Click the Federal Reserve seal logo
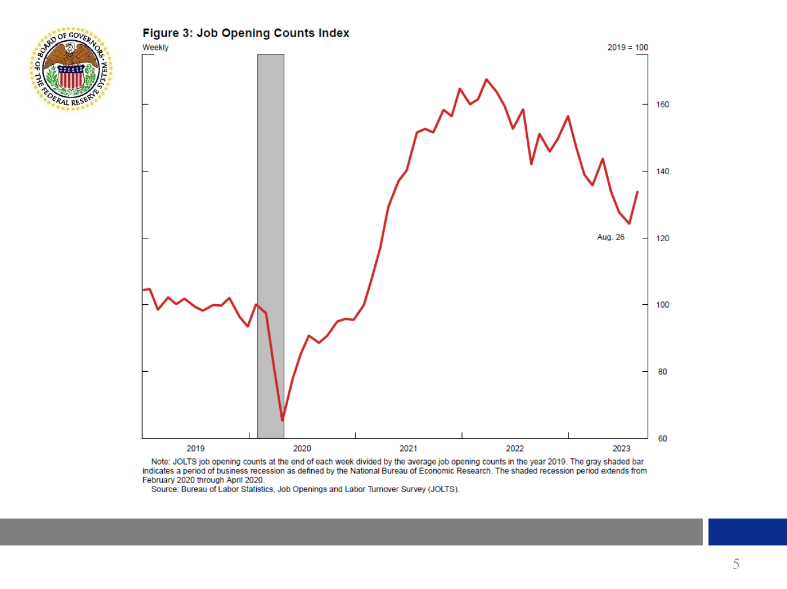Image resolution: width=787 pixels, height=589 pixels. [71, 69]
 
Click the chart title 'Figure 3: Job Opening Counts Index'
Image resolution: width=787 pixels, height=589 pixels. [245, 33]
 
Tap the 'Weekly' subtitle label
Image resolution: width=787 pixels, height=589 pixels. [155, 48]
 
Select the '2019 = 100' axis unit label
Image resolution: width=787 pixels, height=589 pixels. [628, 48]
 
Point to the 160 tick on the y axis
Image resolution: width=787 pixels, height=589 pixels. [662, 104]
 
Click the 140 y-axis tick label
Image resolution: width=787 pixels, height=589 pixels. [662, 171]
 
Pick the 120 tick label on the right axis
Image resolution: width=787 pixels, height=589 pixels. [662, 238]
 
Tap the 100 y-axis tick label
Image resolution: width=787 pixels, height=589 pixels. [662, 305]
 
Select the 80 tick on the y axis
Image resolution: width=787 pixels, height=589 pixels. [662, 372]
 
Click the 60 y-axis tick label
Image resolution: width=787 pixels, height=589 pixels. [662, 439]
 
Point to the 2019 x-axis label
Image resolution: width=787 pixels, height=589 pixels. [195, 449]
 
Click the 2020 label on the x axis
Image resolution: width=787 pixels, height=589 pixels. [302, 449]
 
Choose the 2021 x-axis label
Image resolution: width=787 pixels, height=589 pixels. [408, 449]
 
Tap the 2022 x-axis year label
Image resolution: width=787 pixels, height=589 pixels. [515, 449]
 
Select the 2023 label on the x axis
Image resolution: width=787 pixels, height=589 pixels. [621, 449]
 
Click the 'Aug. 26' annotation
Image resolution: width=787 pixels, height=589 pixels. [610, 237]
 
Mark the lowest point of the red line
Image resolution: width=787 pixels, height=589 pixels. [283, 420]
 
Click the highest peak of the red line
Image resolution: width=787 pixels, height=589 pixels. [486, 80]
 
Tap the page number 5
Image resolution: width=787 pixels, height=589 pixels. [736, 564]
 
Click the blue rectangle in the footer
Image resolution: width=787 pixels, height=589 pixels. [747, 532]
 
